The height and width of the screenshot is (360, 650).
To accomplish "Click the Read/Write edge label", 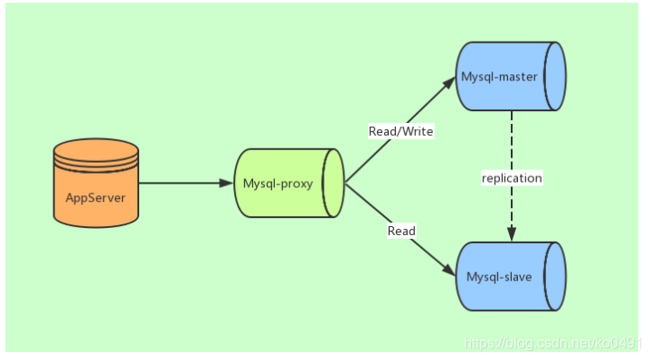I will click(401, 131).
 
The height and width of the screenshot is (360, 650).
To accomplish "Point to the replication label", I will click(512, 178).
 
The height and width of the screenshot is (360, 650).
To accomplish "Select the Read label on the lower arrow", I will click(401, 231).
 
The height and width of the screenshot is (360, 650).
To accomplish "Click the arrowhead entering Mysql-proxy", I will click(227, 183).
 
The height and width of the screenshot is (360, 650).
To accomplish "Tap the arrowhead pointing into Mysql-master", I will click(447, 82).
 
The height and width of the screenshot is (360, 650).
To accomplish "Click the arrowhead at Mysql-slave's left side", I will click(448, 270).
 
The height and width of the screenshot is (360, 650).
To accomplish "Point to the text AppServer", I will click(96, 196).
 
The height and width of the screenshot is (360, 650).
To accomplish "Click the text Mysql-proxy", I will click(278, 183).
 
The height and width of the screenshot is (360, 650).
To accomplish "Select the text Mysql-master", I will click(499, 77).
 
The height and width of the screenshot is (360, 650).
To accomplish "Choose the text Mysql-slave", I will click(499, 275).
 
